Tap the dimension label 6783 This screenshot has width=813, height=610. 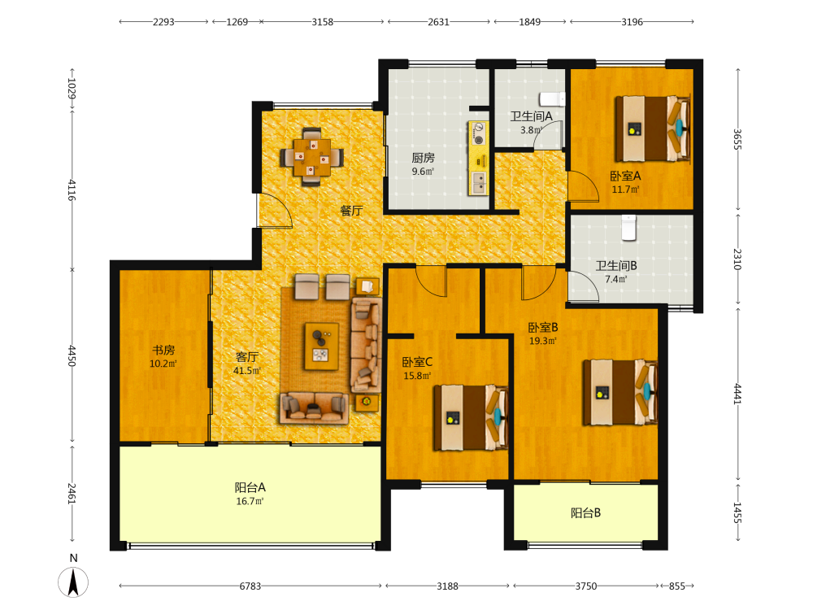(x=250, y=586)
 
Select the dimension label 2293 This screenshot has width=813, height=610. (x=163, y=22)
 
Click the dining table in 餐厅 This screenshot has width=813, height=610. (x=311, y=157)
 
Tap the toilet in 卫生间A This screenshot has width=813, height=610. (x=551, y=98)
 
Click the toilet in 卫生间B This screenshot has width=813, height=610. (x=629, y=228)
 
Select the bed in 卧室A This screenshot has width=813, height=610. (x=653, y=129)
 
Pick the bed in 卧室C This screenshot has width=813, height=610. (x=471, y=417)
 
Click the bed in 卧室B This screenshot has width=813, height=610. (x=620, y=392)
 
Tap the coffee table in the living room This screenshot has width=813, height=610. (x=321, y=346)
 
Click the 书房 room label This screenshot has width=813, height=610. (x=163, y=351)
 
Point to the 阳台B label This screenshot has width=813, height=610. (x=586, y=513)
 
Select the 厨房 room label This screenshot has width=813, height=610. (x=423, y=158)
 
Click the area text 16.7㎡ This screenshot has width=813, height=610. (x=250, y=501)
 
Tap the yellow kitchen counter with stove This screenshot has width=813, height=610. (x=478, y=159)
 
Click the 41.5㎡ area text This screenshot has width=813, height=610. (x=247, y=370)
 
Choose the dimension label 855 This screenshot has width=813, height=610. (x=676, y=586)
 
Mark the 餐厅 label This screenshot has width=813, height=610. (x=351, y=211)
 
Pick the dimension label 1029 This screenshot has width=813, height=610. (x=72, y=89)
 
